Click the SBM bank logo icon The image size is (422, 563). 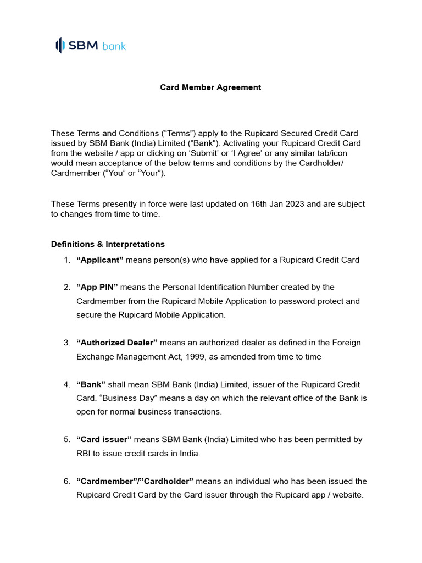point(60,45)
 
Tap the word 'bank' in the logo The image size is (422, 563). point(114,46)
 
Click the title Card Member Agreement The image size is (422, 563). point(210,87)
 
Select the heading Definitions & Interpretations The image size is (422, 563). point(108,244)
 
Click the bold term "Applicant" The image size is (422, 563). point(100,260)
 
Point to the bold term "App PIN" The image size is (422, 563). point(97,287)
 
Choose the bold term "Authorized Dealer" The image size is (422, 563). point(117,343)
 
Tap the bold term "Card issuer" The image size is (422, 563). point(104,439)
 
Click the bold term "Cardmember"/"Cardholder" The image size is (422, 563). point(135,481)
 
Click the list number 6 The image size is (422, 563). point(66,481)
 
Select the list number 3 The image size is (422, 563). point(66,343)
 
